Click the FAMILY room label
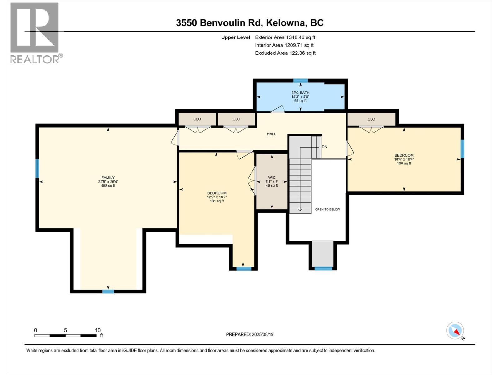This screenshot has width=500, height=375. [108, 177]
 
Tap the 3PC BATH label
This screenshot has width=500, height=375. [300, 92]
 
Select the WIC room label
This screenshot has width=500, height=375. [272, 177]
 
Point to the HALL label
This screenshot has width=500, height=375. [271, 134]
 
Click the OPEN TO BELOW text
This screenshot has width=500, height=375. [327, 209]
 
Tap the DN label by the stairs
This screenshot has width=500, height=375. [324, 147]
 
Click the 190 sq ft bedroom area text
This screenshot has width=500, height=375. [404, 163]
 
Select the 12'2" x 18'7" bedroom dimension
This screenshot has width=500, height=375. [217, 197]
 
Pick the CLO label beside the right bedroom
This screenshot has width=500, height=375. [371, 119]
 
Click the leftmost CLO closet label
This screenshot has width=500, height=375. [197, 119]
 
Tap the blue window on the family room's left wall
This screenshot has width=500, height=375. [37, 168]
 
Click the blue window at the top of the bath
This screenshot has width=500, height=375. [301, 81]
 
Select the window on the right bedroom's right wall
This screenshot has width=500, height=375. [462, 149]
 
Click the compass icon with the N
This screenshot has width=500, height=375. [455, 331]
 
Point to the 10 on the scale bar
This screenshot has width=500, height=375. [97, 330]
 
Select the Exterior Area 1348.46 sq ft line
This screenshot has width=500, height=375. [285, 37]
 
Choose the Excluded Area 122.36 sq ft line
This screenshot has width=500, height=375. [285, 53]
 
